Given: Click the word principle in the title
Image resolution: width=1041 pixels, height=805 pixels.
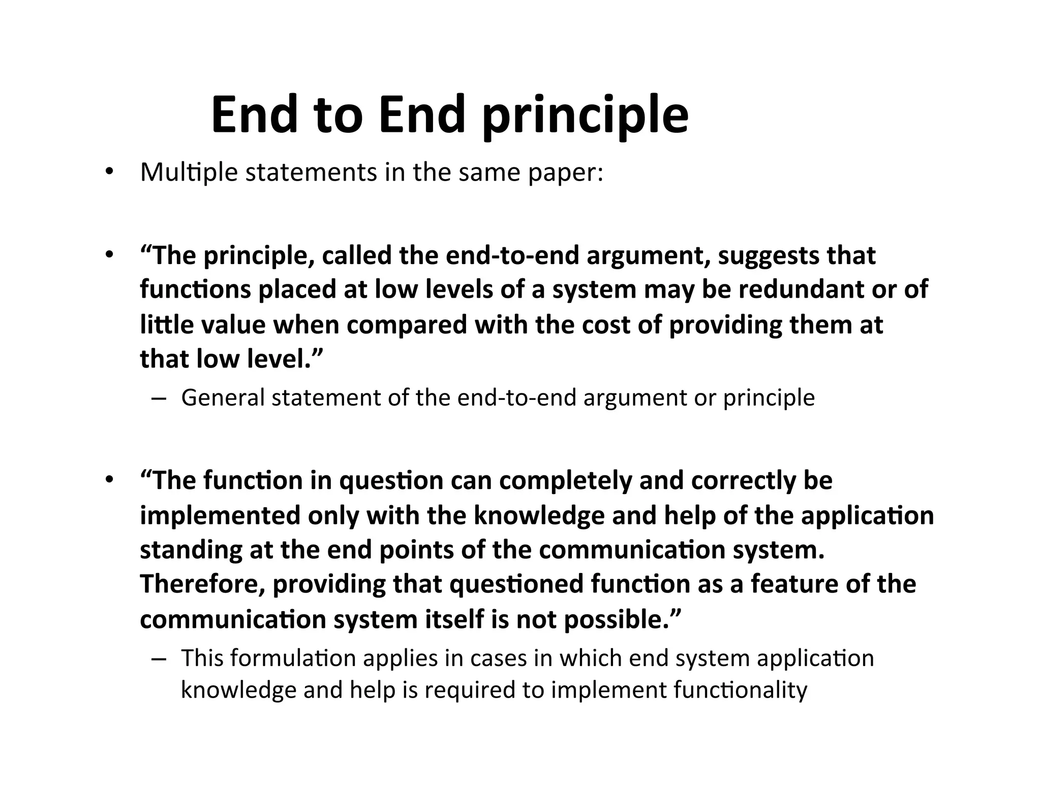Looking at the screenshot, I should coord(585,116).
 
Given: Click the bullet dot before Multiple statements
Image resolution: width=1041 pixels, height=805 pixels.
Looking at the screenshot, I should coord(108,173).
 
